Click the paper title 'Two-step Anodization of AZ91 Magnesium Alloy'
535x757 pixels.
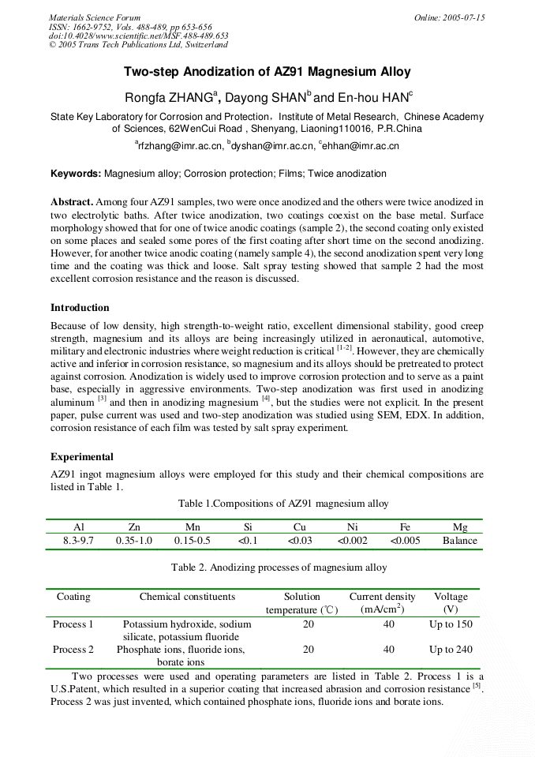click(x=267, y=72)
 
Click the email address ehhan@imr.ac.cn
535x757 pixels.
click(x=360, y=146)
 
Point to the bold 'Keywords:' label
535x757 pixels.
click(x=76, y=173)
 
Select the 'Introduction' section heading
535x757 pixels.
click(x=80, y=308)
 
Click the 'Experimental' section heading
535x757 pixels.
click(x=82, y=457)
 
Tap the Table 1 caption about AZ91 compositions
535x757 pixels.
click(x=282, y=504)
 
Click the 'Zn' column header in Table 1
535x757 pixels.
click(x=134, y=527)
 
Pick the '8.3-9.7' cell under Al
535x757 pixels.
click(x=78, y=541)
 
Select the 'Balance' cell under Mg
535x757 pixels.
click(x=459, y=541)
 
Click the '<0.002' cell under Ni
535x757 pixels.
click(x=352, y=541)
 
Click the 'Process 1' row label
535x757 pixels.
click(x=73, y=624)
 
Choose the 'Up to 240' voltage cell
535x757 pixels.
click(x=451, y=650)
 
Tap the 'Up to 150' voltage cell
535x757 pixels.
click(x=451, y=624)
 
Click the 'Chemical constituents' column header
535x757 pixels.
click(x=187, y=597)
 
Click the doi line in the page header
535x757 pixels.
click(x=138, y=36)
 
